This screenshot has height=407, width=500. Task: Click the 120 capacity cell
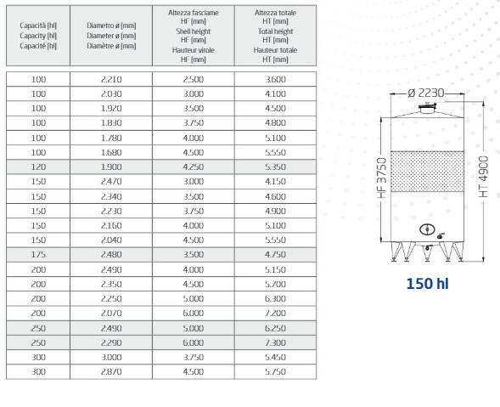pos(38,167)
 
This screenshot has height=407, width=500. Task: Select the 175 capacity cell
pos(38,254)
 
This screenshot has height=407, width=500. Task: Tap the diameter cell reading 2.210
pos(111,79)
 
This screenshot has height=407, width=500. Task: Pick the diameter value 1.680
pos(111,152)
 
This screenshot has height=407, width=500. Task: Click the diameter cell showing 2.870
pos(111,371)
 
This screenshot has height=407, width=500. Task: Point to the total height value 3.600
pos(276,79)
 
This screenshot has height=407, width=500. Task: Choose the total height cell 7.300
pos(276,342)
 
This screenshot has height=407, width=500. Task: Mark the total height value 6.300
pos(276,298)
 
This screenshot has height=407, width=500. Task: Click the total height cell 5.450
pos(276,357)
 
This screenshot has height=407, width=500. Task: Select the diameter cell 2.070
pos(111,314)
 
